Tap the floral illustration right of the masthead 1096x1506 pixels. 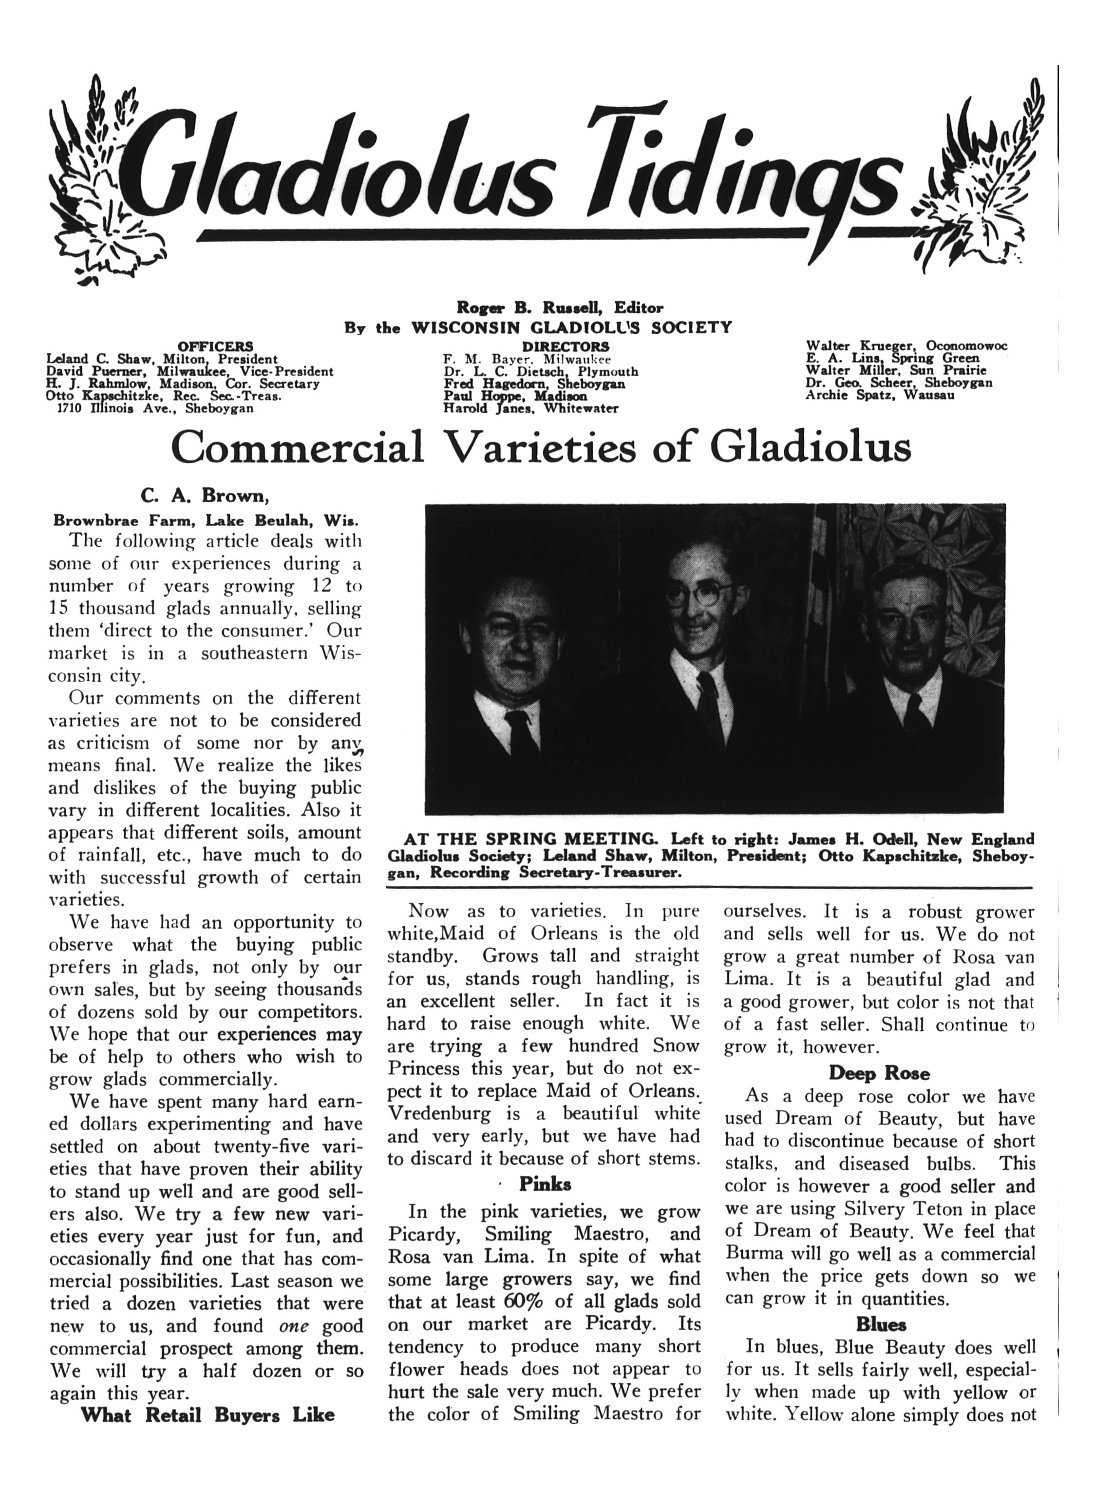(976, 179)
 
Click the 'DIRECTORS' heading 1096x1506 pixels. (566, 346)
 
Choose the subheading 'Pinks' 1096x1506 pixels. (545, 1183)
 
